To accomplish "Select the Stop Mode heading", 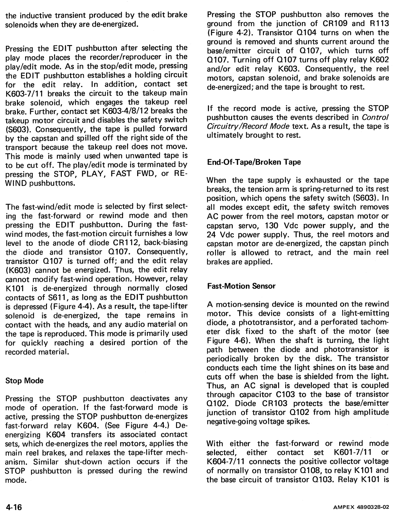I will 24,380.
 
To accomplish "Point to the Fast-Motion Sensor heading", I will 241,286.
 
